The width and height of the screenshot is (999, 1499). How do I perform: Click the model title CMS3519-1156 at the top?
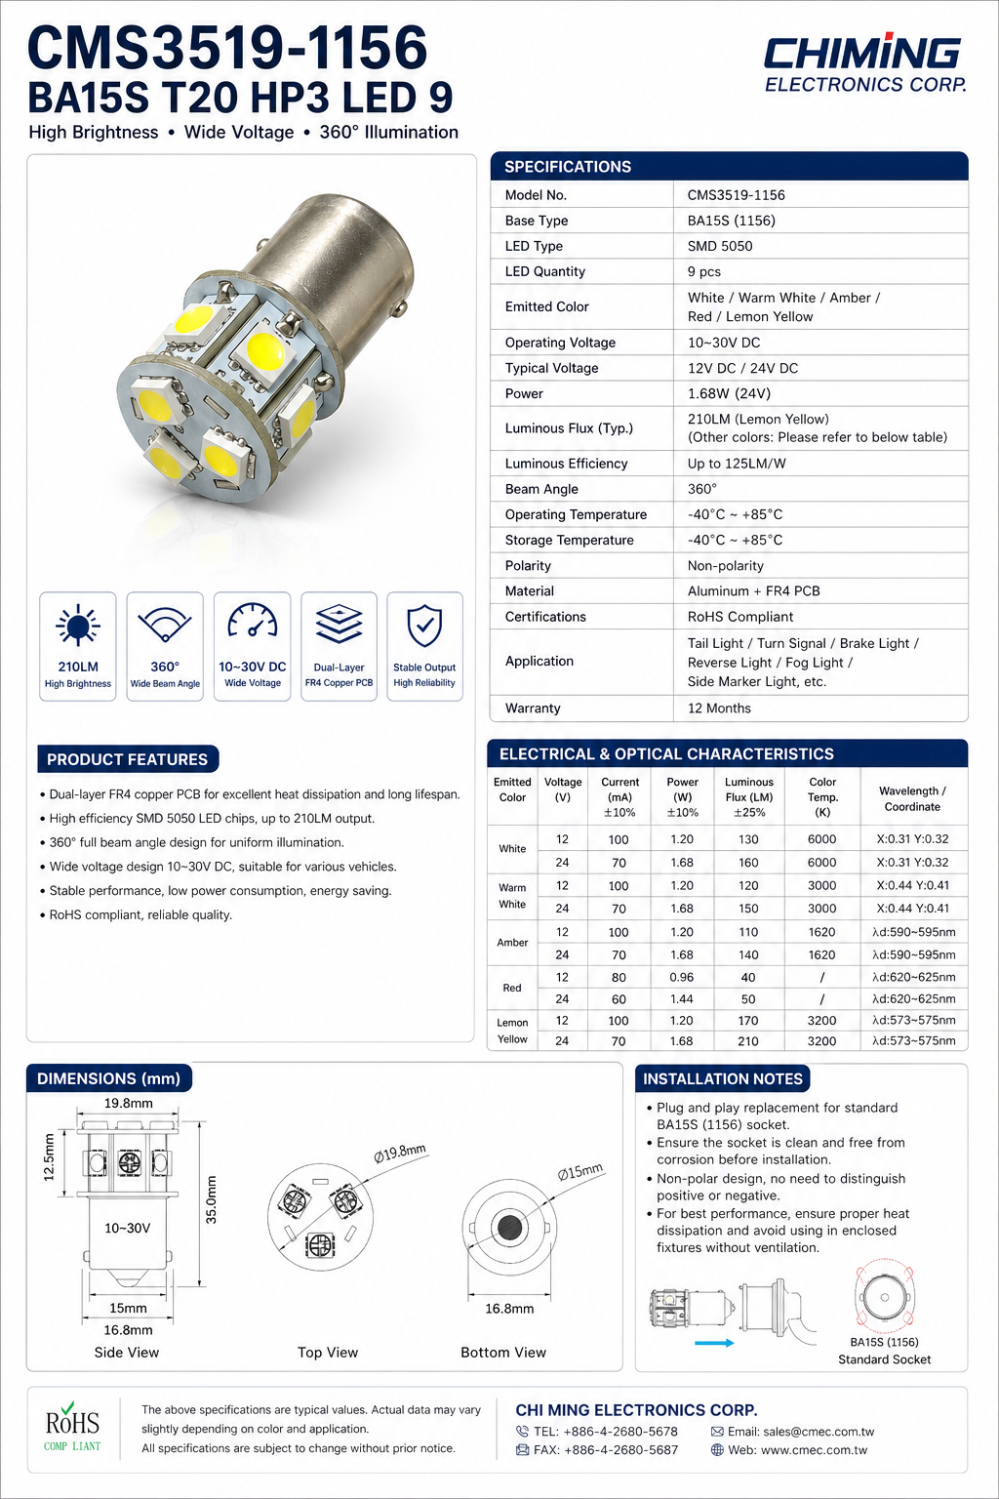pos(227,47)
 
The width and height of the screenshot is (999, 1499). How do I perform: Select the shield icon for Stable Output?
pos(424,626)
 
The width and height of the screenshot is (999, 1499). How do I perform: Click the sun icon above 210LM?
pos(78,626)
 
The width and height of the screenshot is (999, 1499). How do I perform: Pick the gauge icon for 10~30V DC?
pos(252,623)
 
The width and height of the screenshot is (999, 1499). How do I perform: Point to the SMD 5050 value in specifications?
pos(720,246)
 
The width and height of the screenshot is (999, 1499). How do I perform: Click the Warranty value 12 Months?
pos(719,709)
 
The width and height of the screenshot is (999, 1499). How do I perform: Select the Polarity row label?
pos(528,566)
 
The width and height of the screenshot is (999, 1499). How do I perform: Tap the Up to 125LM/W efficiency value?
pos(737,464)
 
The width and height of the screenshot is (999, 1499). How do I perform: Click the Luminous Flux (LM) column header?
pos(748,796)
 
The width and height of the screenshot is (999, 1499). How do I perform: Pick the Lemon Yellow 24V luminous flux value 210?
pos(748,1041)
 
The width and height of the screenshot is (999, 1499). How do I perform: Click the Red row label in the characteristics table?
pos(512,988)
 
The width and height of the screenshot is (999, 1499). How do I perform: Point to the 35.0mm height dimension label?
pos(212,1199)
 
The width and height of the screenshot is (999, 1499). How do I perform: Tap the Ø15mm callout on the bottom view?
pos(580,1171)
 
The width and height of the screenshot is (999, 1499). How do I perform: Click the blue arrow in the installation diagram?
pos(714,1343)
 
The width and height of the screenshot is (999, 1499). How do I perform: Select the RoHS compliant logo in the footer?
pos(72,1427)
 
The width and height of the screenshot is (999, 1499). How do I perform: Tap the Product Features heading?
pos(127,759)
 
